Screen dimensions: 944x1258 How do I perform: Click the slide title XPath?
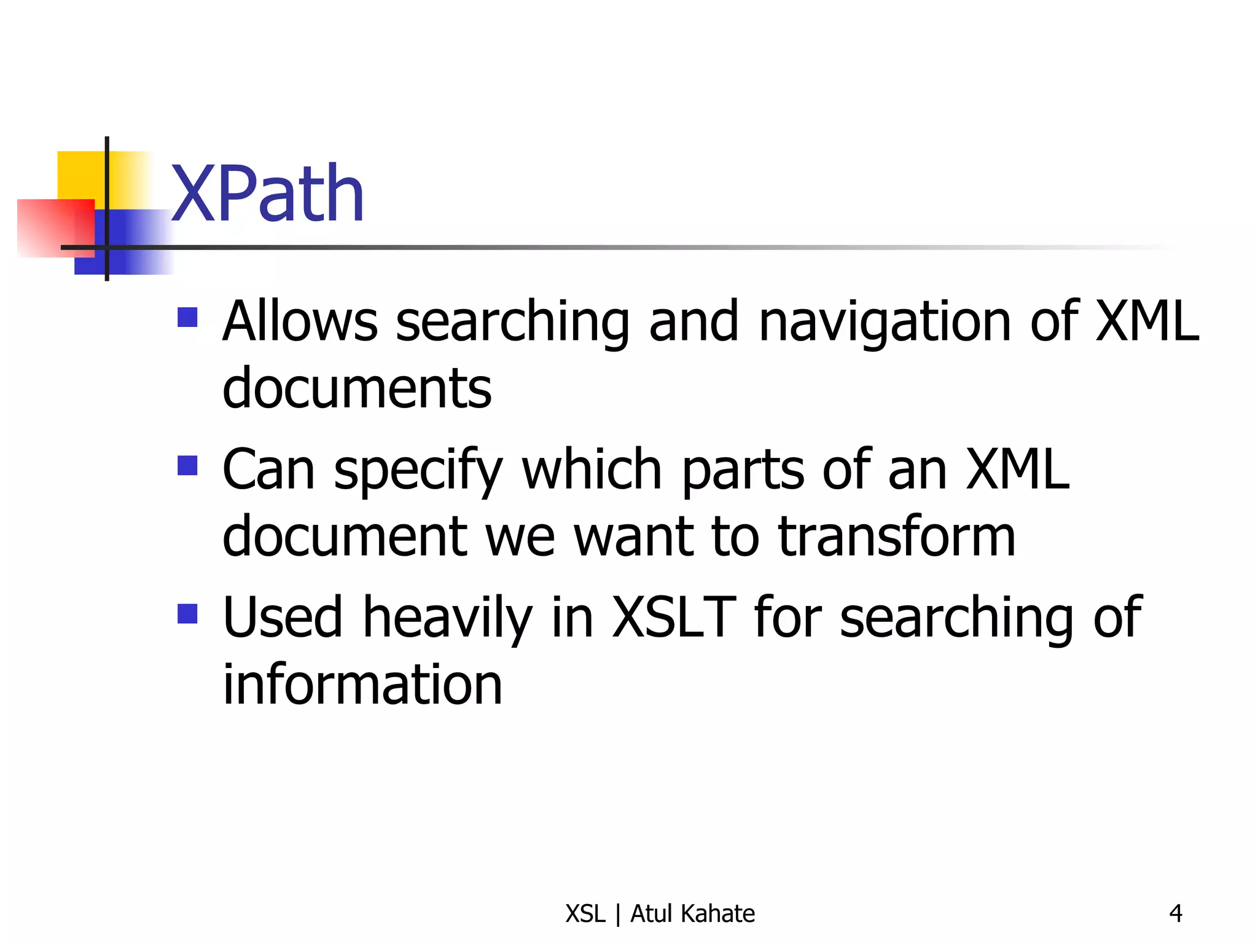click(x=268, y=194)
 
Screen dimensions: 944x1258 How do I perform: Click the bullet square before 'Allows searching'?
click(x=187, y=317)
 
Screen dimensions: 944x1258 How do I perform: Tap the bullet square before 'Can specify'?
click(x=187, y=465)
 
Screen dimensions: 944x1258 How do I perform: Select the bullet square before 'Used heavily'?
click(x=187, y=613)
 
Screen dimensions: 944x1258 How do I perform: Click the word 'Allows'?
click(x=300, y=321)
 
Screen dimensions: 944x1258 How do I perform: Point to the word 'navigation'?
click(x=885, y=322)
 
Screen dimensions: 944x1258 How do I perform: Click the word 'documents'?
click(x=357, y=388)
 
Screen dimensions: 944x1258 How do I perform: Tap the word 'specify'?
click(x=418, y=471)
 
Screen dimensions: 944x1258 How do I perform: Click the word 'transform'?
click(x=896, y=536)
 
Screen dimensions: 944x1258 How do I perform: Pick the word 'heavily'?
click(x=447, y=618)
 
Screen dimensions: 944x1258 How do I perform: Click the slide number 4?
click(x=1175, y=913)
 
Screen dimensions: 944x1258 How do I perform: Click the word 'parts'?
click(x=743, y=471)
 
